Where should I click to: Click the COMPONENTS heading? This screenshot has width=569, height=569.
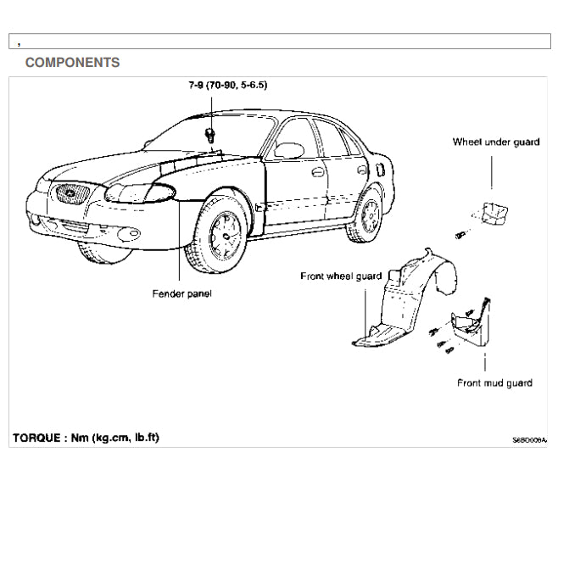click(72, 63)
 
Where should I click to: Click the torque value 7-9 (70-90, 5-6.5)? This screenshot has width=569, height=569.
click(228, 86)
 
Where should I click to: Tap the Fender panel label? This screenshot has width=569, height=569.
click(181, 293)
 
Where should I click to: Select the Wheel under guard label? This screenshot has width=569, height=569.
click(495, 142)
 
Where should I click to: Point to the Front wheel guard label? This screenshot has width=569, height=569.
click(340, 276)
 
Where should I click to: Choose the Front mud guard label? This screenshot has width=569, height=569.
click(494, 383)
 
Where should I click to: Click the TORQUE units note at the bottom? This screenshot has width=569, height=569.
click(86, 438)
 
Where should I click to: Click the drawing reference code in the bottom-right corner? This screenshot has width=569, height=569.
click(529, 441)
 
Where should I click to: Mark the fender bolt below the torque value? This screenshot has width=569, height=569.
click(209, 137)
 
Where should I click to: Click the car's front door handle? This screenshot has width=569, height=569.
click(318, 172)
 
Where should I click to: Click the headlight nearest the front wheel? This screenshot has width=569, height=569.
click(141, 192)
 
